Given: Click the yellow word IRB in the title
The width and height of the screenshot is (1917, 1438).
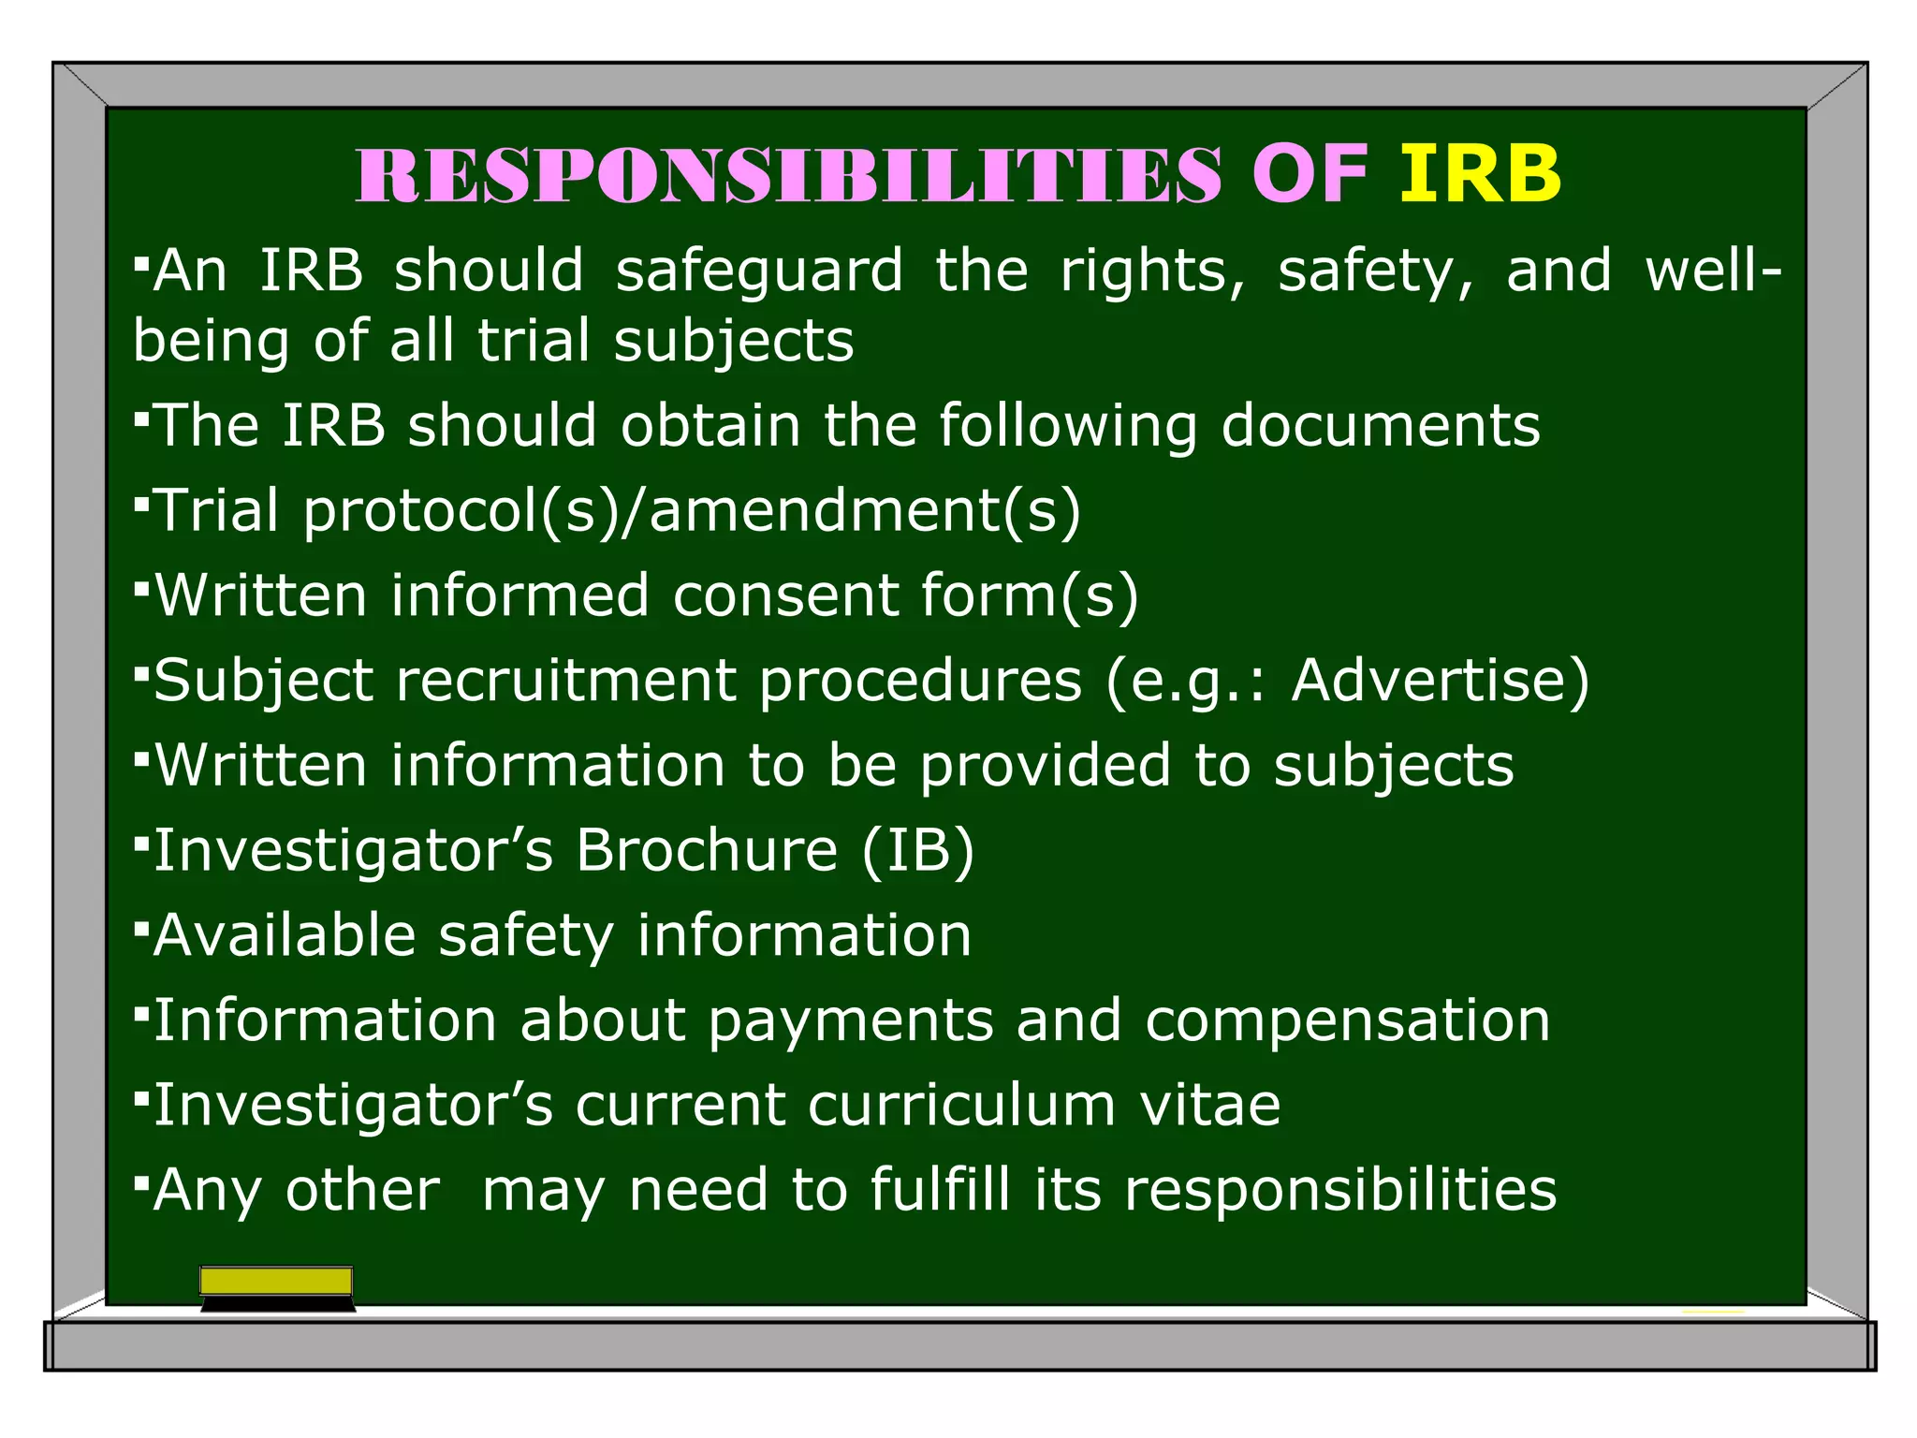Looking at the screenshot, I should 1480,175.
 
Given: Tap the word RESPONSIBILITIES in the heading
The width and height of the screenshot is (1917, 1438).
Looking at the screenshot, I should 788,175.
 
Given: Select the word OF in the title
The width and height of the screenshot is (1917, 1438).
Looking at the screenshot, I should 1310,175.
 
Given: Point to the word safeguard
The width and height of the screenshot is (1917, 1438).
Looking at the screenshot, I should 759,271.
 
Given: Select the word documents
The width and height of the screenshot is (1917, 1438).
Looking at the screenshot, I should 1381,427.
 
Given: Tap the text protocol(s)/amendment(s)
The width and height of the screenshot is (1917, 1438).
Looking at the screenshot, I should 692,512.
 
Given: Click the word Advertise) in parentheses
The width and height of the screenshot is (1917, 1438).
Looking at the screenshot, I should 1441,681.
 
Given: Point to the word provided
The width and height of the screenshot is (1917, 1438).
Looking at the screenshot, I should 1045,767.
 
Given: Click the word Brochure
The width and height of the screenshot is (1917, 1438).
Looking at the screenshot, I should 707,851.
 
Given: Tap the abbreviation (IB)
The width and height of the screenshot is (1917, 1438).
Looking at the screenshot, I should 918,851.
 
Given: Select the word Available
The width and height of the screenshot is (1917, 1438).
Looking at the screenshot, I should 285,935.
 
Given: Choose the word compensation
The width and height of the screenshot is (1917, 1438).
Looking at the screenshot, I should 1348,1021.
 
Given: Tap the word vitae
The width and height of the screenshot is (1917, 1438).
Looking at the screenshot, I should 1210,1106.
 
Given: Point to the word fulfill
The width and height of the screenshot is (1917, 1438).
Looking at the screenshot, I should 941,1191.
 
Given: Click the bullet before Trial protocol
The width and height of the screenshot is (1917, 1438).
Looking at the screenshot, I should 141,505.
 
